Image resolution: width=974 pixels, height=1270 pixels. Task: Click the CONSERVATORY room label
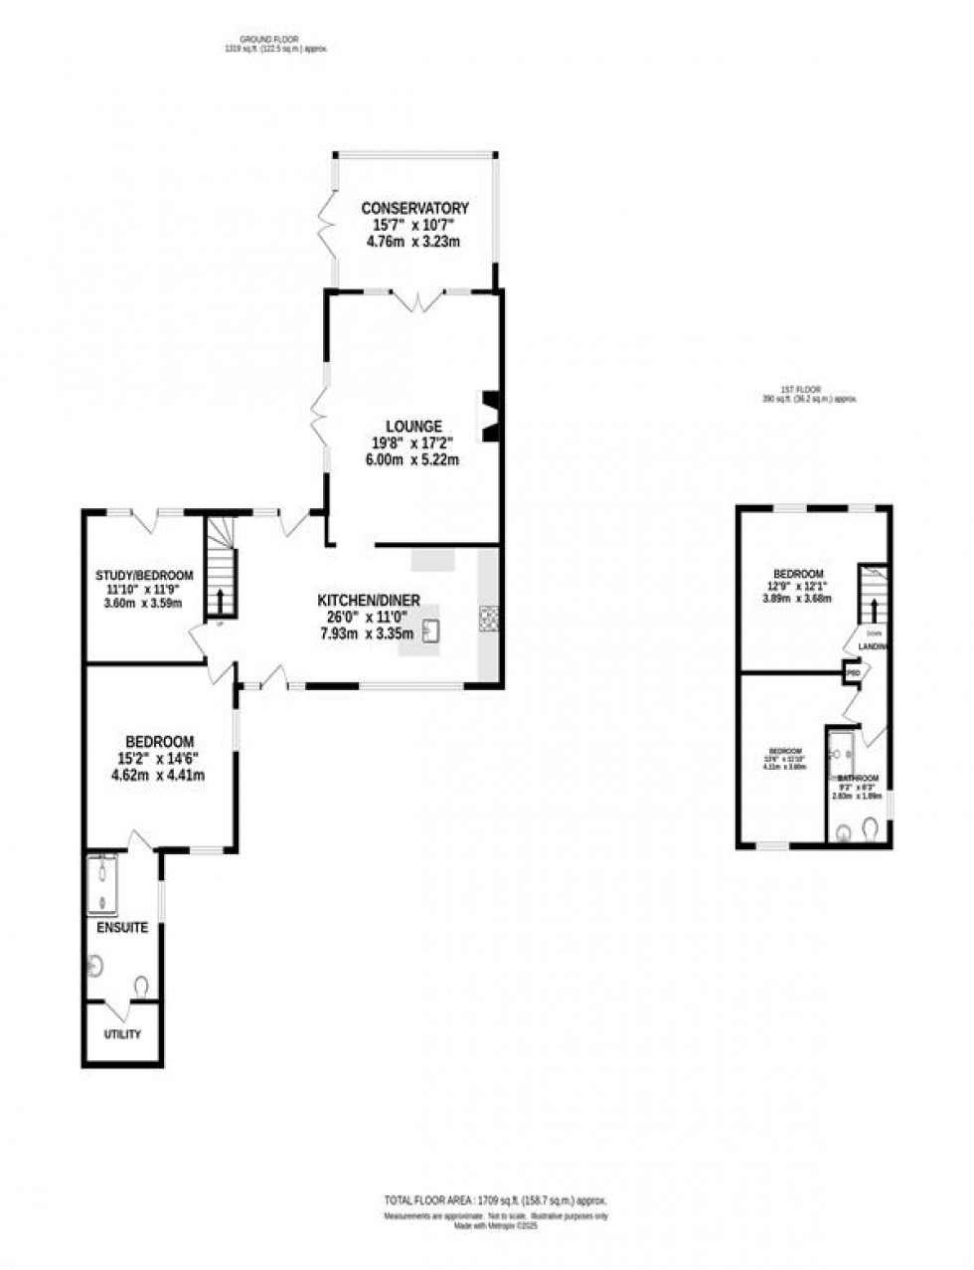(x=414, y=209)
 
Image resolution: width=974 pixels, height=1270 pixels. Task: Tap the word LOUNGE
(x=414, y=426)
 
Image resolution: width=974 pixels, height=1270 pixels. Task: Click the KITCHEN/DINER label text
(x=369, y=600)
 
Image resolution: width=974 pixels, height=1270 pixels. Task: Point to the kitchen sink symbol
(x=430, y=632)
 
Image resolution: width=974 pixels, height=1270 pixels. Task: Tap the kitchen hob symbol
(x=488, y=619)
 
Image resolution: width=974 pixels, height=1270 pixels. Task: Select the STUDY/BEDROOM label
(x=144, y=576)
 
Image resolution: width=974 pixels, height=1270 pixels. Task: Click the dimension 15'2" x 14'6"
(x=159, y=758)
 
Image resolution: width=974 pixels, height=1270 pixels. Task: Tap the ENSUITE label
(x=122, y=928)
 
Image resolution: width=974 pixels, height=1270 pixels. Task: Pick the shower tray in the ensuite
(x=102, y=883)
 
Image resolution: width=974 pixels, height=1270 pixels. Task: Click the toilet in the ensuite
(x=141, y=986)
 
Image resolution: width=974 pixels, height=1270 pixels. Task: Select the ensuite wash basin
(x=96, y=964)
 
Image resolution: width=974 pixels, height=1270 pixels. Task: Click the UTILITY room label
(x=122, y=1034)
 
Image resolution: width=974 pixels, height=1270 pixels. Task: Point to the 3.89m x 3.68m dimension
(x=798, y=598)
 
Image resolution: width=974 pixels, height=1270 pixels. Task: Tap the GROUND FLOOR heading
(x=247, y=40)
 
